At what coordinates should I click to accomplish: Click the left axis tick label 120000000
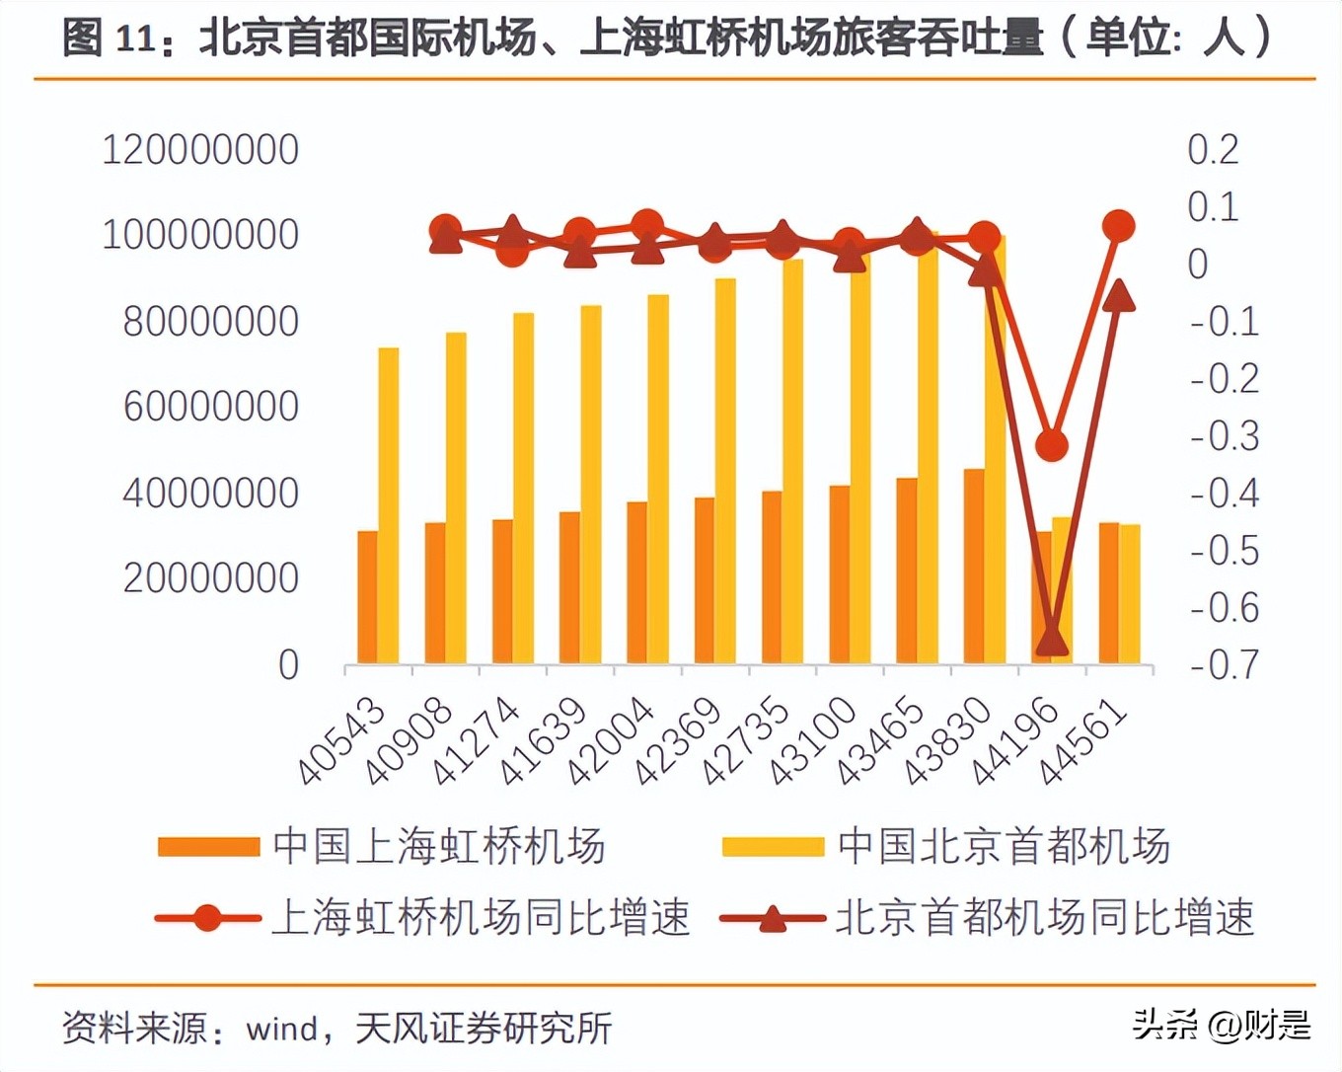(200, 150)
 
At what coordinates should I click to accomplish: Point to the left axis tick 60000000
(210, 407)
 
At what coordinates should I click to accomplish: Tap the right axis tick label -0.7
(1224, 665)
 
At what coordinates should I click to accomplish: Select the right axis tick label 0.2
(1213, 150)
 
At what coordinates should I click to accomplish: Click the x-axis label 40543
(341, 740)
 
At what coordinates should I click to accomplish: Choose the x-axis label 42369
(678, 740)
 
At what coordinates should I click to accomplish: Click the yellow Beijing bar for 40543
(389, 505)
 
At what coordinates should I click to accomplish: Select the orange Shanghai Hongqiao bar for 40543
(368, 597)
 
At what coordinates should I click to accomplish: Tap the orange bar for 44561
(1109, 592)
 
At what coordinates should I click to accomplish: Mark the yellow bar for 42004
(658, 479)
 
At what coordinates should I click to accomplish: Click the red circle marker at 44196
(1052, 445)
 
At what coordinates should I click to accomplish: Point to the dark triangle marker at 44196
(1052, 640)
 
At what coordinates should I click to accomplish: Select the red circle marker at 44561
(1118, 226)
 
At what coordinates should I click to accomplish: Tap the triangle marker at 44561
(1118, 294)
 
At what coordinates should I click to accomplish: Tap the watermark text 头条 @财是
(1222, 1025)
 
